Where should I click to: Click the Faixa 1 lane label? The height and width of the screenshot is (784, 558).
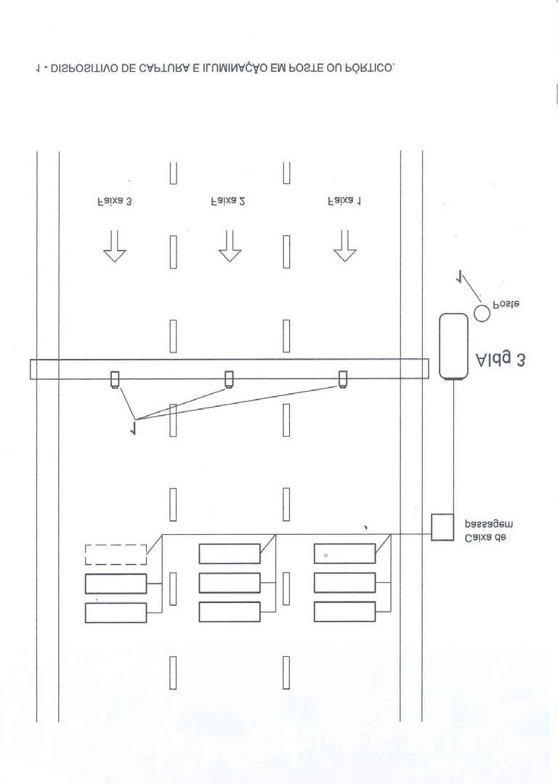pyautogui.click(x=344, y=201)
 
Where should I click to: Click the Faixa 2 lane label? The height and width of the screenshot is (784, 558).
pyautogui.click(x=228, y=201)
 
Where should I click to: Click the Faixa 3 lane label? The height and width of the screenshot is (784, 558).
pyautogui.click(x=114, y=201)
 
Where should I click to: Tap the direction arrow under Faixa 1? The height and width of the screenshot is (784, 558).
pyautogui.click(x=344, y=246)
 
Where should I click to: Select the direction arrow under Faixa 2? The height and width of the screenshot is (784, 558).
pyautogui.click(x=230, y=246)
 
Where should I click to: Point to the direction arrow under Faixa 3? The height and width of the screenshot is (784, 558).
pyautogui.click(x=115, y=246)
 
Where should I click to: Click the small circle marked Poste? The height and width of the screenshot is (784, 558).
pyautogui.click(x=482, y=313)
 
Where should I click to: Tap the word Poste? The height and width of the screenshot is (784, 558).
pyautogui.click(x=506, y=304)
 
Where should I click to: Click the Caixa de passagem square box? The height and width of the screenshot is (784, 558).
pyautogui.click(x=442, y=527)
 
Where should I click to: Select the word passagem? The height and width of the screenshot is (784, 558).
pyautogui.click(x=488, y=525)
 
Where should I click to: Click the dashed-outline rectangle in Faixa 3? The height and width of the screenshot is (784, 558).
pyautogui.click(x=116, y=554)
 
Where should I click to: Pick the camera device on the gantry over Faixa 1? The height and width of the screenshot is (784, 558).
pyautogui.click(x=343, y=379)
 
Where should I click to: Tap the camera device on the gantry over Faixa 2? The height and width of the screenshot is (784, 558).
pyautogui.click(x=229, y=379)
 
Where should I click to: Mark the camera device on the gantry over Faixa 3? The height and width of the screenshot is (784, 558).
pyautogui.click(x=115, y=379)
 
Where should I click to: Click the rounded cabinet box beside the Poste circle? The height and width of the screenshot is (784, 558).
pyautogui.click(x=453, y=347)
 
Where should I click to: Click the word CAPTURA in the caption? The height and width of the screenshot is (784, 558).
pyautogui.click(x=164, y=68)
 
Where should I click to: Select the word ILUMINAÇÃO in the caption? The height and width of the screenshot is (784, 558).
pyautogui.click(x=237, y=69)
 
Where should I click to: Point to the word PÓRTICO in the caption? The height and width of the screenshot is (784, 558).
pyautogui.click(x=370, y=68)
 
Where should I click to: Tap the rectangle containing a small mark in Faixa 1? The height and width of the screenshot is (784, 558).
pyautogui.click(x=344, y=554)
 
